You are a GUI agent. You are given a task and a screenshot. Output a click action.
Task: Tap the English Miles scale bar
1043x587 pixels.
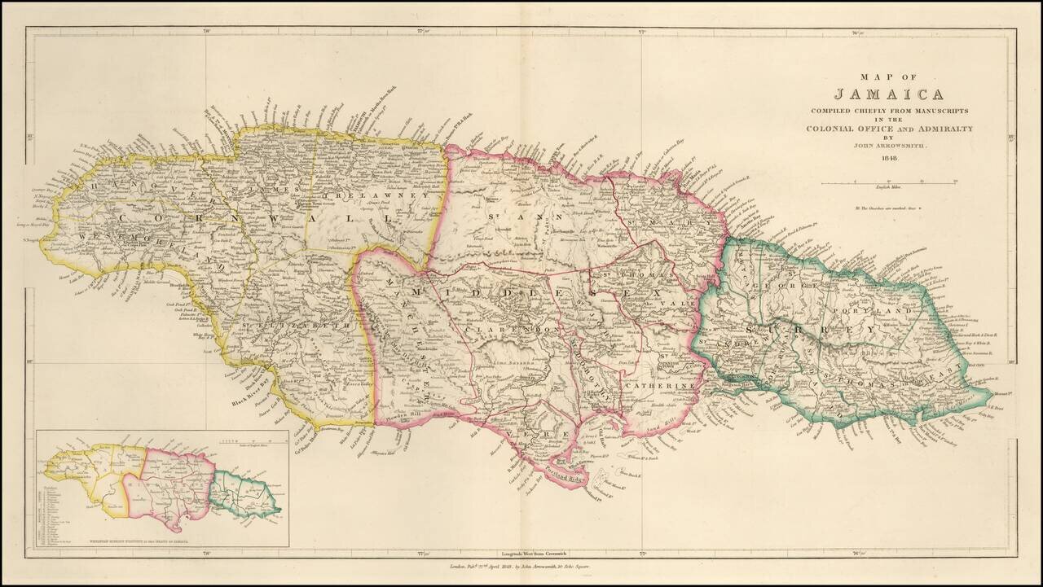tap(889, 184)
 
